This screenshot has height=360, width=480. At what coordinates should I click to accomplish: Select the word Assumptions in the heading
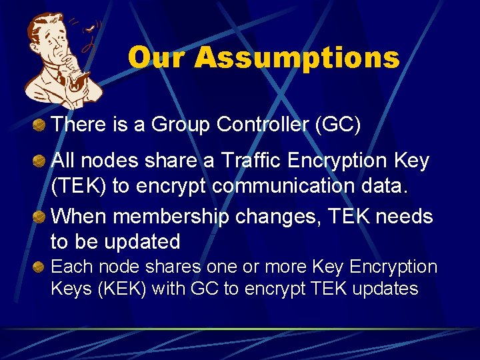[297, 58]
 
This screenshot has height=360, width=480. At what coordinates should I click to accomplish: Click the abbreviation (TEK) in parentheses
[79, 186]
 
